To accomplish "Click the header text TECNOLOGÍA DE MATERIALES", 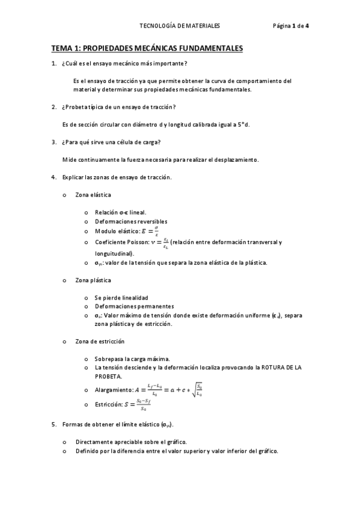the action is [x=180, y=26].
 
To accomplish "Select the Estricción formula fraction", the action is [x=142, y=406].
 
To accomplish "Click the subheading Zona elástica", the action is [x=93, y=195].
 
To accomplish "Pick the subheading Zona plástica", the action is [x=93, y=280].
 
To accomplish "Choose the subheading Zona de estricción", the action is [x=100, y=342].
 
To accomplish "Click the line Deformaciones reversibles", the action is [x=127, y=221].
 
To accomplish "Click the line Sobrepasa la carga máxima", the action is [x=132, y=358].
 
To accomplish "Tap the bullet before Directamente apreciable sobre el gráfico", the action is [x=64, y=441].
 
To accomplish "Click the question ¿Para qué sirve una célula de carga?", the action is [x=112, y=143].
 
